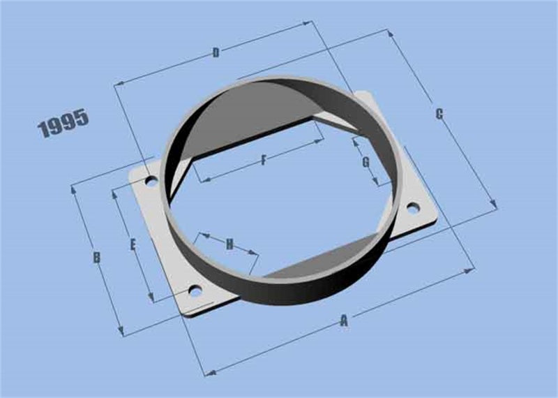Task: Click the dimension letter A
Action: click(343, 320)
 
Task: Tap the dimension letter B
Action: click(97, 258)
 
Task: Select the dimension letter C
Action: click(439, 115)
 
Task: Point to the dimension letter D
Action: click(216, 52)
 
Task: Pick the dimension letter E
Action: click(133, 244)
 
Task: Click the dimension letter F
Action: click(264, 161)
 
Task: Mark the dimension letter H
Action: click(229, 244)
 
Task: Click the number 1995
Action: click(63, 123)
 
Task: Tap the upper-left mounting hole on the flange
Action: click(150, 182)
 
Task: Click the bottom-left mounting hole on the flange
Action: click(195, 290)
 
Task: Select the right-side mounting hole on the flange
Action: click(412, 207)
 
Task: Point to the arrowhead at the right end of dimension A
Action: click(472, 267)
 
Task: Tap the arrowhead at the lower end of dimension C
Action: click(495, 207)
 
